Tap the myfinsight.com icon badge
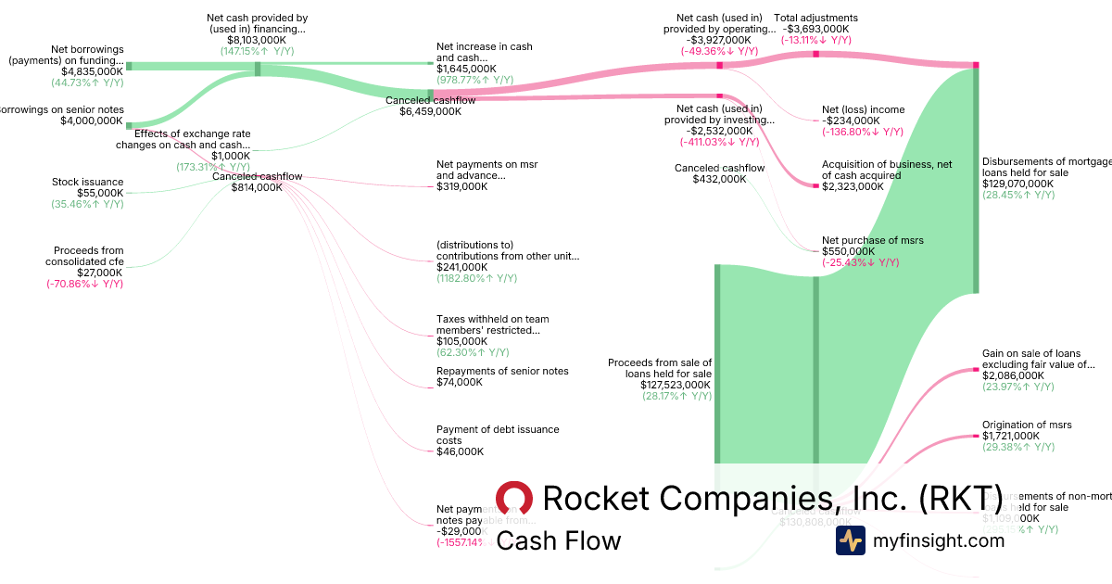pyautogui.click(x=850, y=540)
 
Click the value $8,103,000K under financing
pyautogui.click(x=257, y=41)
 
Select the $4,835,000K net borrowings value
pyautogui.click(x=92, y=71)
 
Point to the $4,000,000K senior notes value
pyautogui.click(x=92, y=121)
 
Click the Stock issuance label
pyautogui.click(x=88, y=182)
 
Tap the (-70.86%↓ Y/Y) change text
pyautogui.click(x=84, y=284)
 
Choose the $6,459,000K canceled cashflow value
pyautogui.click(x=430, y=111)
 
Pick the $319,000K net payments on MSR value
pyautogui.click(x=461, y=186)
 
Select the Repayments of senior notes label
pyautogui.click(x=502, y=371)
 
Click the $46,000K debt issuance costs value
pyautogui.click(x=459, y=452)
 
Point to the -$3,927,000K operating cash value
pyautogui.click(x=719, y=40)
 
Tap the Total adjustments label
pyautogui.click(x=815, y=18)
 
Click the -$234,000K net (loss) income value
pyautogui.click(x=851, y=121)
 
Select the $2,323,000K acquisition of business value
pyautogui.click(x=853, y=186)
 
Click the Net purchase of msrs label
pyautogui.click(x=872, y=240)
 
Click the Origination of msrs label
pyautogui.click(x=1027, y=425)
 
